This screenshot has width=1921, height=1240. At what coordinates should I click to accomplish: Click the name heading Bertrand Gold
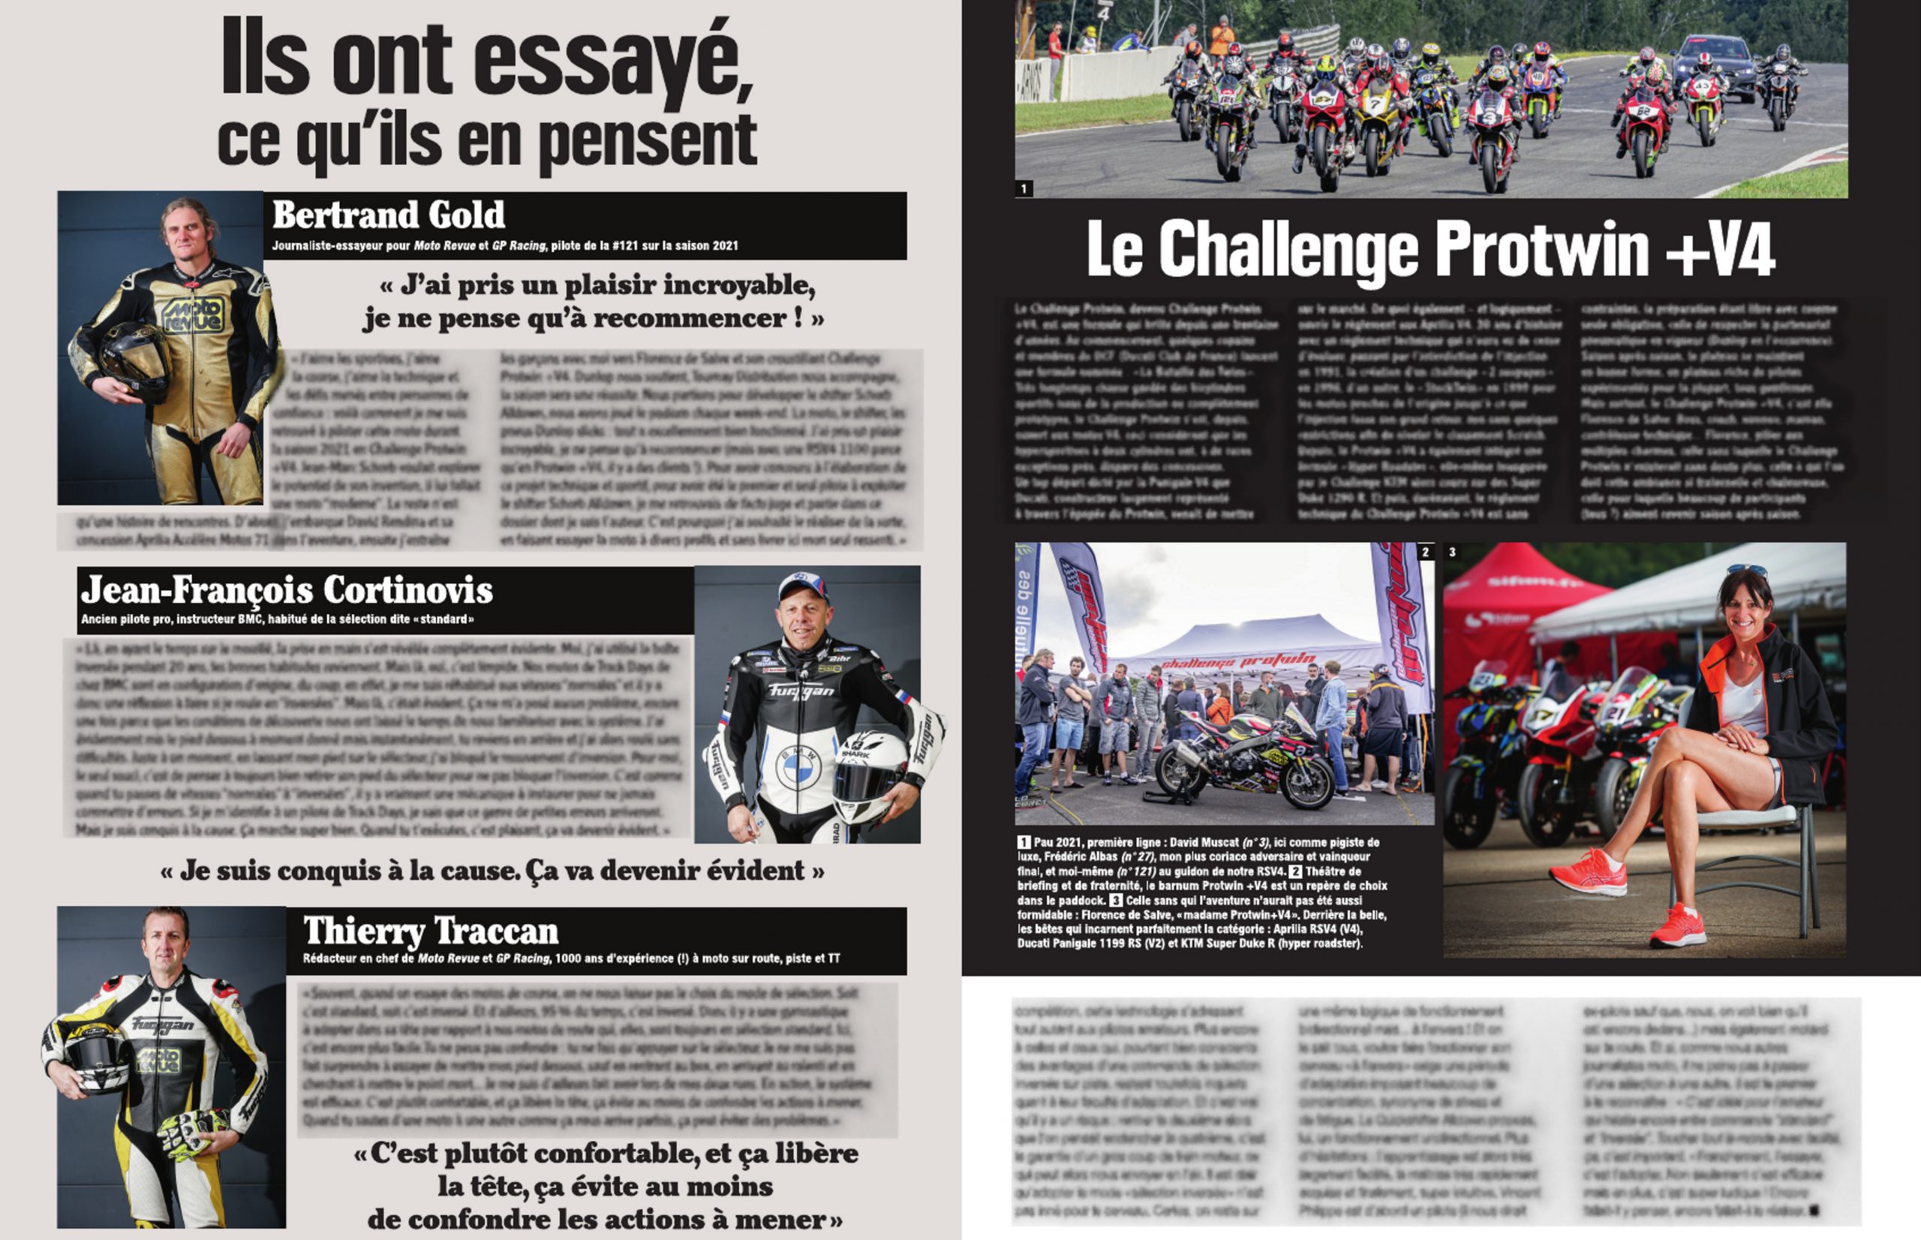click(389, 215)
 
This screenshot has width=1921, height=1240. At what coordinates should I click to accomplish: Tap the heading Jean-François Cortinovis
click(287, 590)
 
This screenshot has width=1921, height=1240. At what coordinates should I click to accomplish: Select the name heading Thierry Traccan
click(431, 931)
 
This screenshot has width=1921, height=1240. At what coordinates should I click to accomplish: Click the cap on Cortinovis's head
click(802, 584)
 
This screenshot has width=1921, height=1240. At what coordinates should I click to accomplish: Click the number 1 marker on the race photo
click(1024, 189)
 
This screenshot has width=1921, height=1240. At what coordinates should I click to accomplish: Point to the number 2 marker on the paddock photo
click(1425, 552)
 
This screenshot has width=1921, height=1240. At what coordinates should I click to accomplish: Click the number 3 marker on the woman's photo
click(1452, 552)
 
